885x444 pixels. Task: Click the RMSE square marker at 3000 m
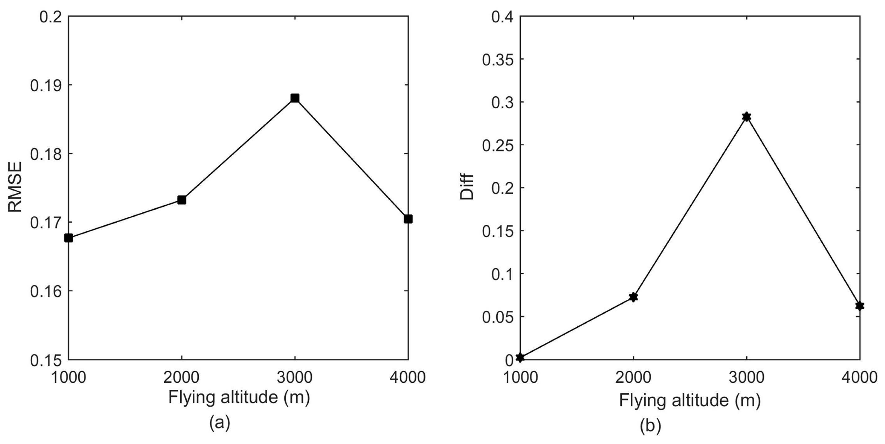point(295,98)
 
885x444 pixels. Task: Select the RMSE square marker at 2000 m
point(182,200)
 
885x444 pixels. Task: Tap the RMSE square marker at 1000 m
point(69,238)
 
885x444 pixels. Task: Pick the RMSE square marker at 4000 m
point(408,219)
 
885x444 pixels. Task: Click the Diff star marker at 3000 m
point(746,117)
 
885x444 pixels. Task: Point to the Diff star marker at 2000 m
point(633,297)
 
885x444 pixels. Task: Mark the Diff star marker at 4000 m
point(859,305)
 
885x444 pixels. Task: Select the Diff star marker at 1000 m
point(520,358)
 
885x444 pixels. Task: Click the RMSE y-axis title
point(15,187)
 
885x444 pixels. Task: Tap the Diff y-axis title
point(467,187)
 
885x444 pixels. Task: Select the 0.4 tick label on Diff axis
point(502,16)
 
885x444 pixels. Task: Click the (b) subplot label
point(650,426)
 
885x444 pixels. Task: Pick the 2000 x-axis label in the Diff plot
point(633,377)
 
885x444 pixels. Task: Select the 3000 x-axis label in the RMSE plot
point(295,377)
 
